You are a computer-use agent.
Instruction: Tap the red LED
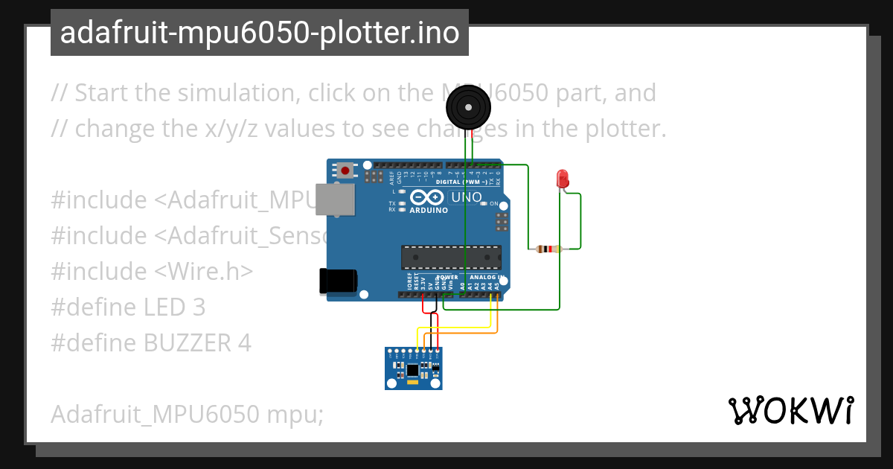click(563, 179)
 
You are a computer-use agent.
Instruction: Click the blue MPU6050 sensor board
click(414, 368)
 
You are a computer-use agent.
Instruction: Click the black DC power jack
click(337, 280)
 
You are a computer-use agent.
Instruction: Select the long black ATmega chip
click(451, 257)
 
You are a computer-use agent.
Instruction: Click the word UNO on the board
click(467, 197)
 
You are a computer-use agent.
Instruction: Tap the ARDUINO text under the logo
click(429, 211)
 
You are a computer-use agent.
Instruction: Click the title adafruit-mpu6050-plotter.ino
click(259, 33)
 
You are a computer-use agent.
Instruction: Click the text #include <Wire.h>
click(152, 271)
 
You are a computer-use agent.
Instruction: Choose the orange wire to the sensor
click(461, 333)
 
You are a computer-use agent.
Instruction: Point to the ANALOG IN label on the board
click(487, 278)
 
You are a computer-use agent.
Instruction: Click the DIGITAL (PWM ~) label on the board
click(460, 182)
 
